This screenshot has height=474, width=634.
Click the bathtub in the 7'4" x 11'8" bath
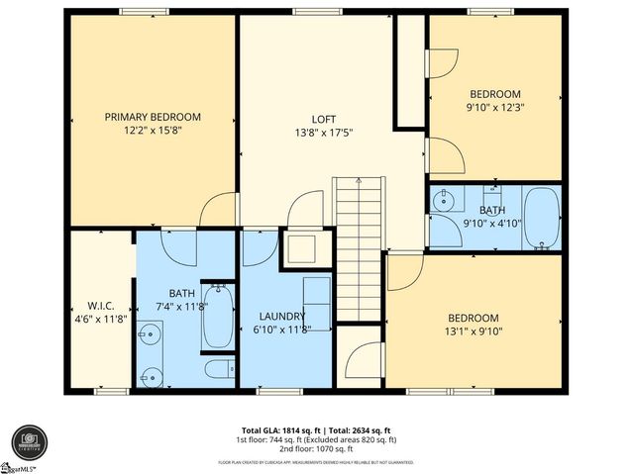[x=217, y=316]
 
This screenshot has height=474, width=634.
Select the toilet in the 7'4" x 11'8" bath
[x=217, y=370]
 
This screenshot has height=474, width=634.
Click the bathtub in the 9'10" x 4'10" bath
[x=540, y=217]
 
